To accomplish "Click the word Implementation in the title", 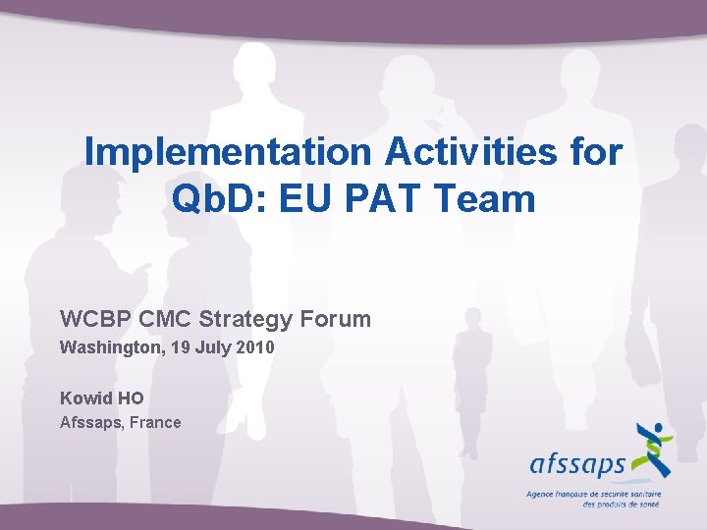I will pyautogui.click(x=228, y=152).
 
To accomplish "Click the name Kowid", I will pyautogui.click(x=85, y=398).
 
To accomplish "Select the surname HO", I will pyautogui.click(x=131, y=398).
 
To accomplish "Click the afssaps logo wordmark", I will pyautogui.click(x=577, y=462).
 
